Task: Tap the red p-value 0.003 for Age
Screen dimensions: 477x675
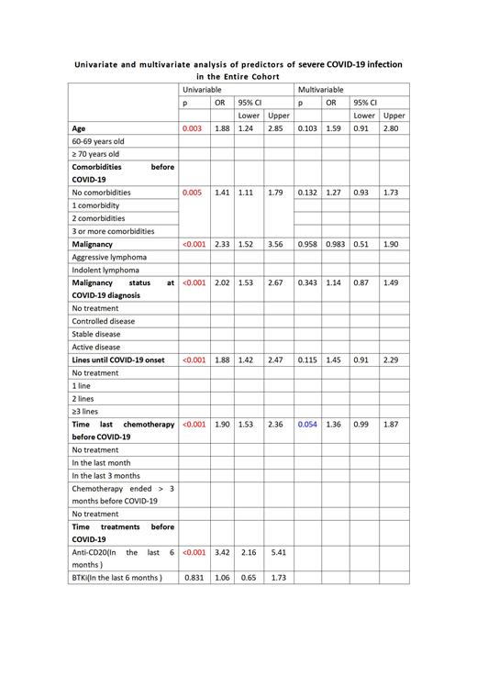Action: pos(193,129)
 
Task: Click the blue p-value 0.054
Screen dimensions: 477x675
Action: pos(307,425)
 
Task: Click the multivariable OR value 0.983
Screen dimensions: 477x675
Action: pos(336,245)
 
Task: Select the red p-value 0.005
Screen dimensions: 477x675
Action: pos(193,194)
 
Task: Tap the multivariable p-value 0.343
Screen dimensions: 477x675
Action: pos(307,283)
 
